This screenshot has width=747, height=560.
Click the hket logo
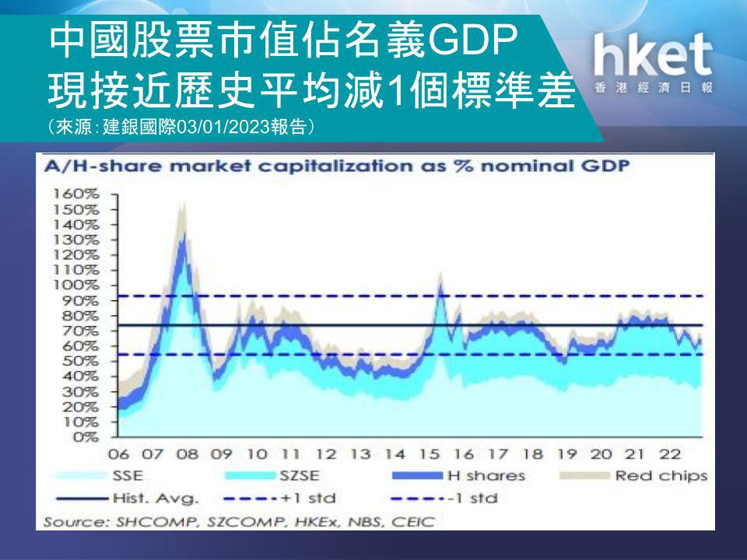(653, 62)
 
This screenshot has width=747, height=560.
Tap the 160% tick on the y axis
(75, 194)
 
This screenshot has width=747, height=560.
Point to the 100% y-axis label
(75, 285)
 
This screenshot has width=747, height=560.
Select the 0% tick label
(86, 436)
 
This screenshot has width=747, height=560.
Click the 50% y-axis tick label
(80, 361)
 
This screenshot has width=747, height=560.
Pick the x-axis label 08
(188, 453)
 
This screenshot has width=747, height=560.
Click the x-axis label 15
(429, 453)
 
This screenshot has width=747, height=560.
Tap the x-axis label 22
(669, 453)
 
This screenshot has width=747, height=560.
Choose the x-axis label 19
(567, 453)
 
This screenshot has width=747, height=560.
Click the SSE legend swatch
(81, 476)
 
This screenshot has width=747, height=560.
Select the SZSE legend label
(299, 476)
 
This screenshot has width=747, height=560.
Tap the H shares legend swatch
(417, 476)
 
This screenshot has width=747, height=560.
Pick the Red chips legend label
(661, 476)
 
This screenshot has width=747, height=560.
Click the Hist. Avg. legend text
(156, 499)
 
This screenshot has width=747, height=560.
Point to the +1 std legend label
(308, 499)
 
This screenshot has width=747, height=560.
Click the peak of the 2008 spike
(184, 203)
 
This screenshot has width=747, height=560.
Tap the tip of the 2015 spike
(440, 273)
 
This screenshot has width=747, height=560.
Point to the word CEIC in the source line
(413, 522)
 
